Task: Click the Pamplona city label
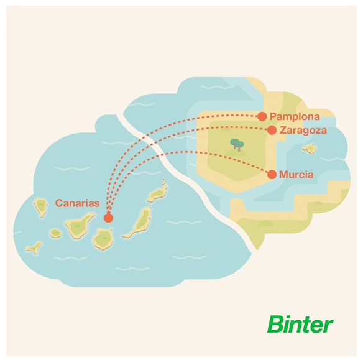295,117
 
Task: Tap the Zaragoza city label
303,131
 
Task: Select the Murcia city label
296,175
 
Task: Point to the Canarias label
78,203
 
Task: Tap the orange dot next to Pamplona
262,116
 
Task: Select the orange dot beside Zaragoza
272,130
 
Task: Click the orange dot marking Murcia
272,174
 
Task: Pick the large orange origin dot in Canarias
108,218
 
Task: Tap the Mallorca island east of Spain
310,149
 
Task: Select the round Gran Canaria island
103,239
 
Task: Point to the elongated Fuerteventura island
138,222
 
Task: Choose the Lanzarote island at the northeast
157,194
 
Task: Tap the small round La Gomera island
55,233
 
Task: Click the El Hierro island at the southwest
34,247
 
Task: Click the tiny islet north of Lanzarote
163,181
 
